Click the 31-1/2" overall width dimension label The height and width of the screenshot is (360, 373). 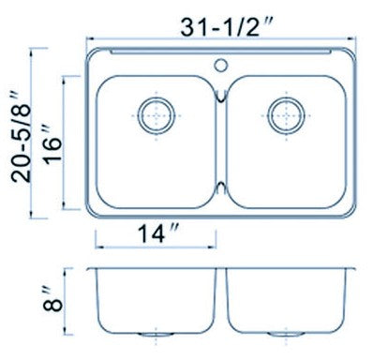point(227,26)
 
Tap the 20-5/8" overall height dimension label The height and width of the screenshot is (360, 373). point(21,137)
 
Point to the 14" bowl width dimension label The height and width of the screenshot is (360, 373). point(158,233)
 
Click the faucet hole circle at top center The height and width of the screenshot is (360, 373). point(220,65)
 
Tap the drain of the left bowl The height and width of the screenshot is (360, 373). point(157,115)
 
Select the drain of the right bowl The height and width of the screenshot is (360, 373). point(286,115)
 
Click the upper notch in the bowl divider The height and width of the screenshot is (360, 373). point(221,96)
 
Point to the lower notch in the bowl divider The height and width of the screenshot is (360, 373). point(221,188)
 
